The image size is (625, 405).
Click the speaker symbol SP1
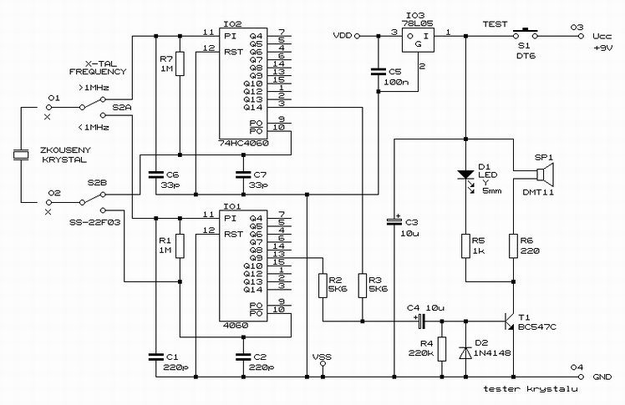[x=545, y=175]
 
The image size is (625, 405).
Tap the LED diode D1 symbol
[x=465, y=175]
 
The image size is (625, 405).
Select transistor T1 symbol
[x=510, y=321]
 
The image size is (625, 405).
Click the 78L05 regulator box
[x=418, y=40]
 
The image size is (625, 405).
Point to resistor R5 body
[x=465, y=246]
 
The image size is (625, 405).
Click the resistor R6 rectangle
[x=513, y=246]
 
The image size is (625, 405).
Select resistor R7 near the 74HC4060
[x=180, y=63]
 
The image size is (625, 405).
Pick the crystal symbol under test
[x=21, y=155]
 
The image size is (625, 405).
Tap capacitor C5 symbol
[x=379, y=72]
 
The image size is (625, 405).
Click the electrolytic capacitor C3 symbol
[x=394, y=222]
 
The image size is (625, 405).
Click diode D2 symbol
[x=465, y=353]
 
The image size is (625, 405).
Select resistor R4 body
[x=442, y=349]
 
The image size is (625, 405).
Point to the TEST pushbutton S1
[x=525, y=33]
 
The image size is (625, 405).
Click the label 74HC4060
[x=243, y=143]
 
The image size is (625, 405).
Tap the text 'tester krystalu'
[x=530, y=388]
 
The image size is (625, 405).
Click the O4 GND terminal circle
[x=581, y=377]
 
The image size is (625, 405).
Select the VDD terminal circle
[x=357, y=36]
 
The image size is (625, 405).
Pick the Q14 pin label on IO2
[x=253, y=108]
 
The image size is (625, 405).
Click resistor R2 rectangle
[x=323, y=286]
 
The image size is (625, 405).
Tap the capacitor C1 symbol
[x=156, y=357]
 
